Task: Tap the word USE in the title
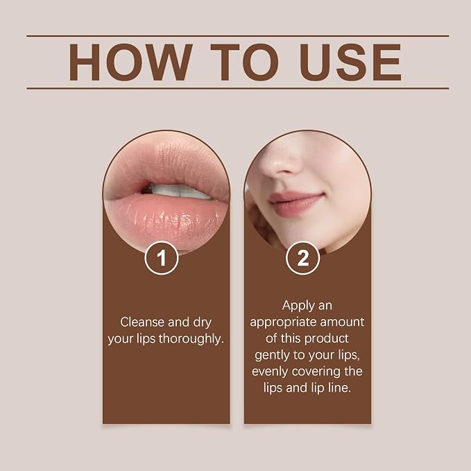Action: [x=350, y=62]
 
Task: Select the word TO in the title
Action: [x=244, y=62]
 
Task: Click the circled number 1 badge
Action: [x=162, y=258]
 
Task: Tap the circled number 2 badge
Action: [x=302, y=258]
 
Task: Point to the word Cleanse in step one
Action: [x=143, y=322]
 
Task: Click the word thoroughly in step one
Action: [x=191, y=339]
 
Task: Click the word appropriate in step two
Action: [x=283, y=323]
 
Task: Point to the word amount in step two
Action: [x=342, y=322]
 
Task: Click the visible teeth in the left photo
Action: [x=179, y=191]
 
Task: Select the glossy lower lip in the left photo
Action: [x=166, y=218]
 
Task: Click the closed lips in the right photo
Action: [x=296, y=203]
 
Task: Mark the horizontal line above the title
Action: [x=238, y=36]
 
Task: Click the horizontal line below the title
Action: [x=238, y=89]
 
